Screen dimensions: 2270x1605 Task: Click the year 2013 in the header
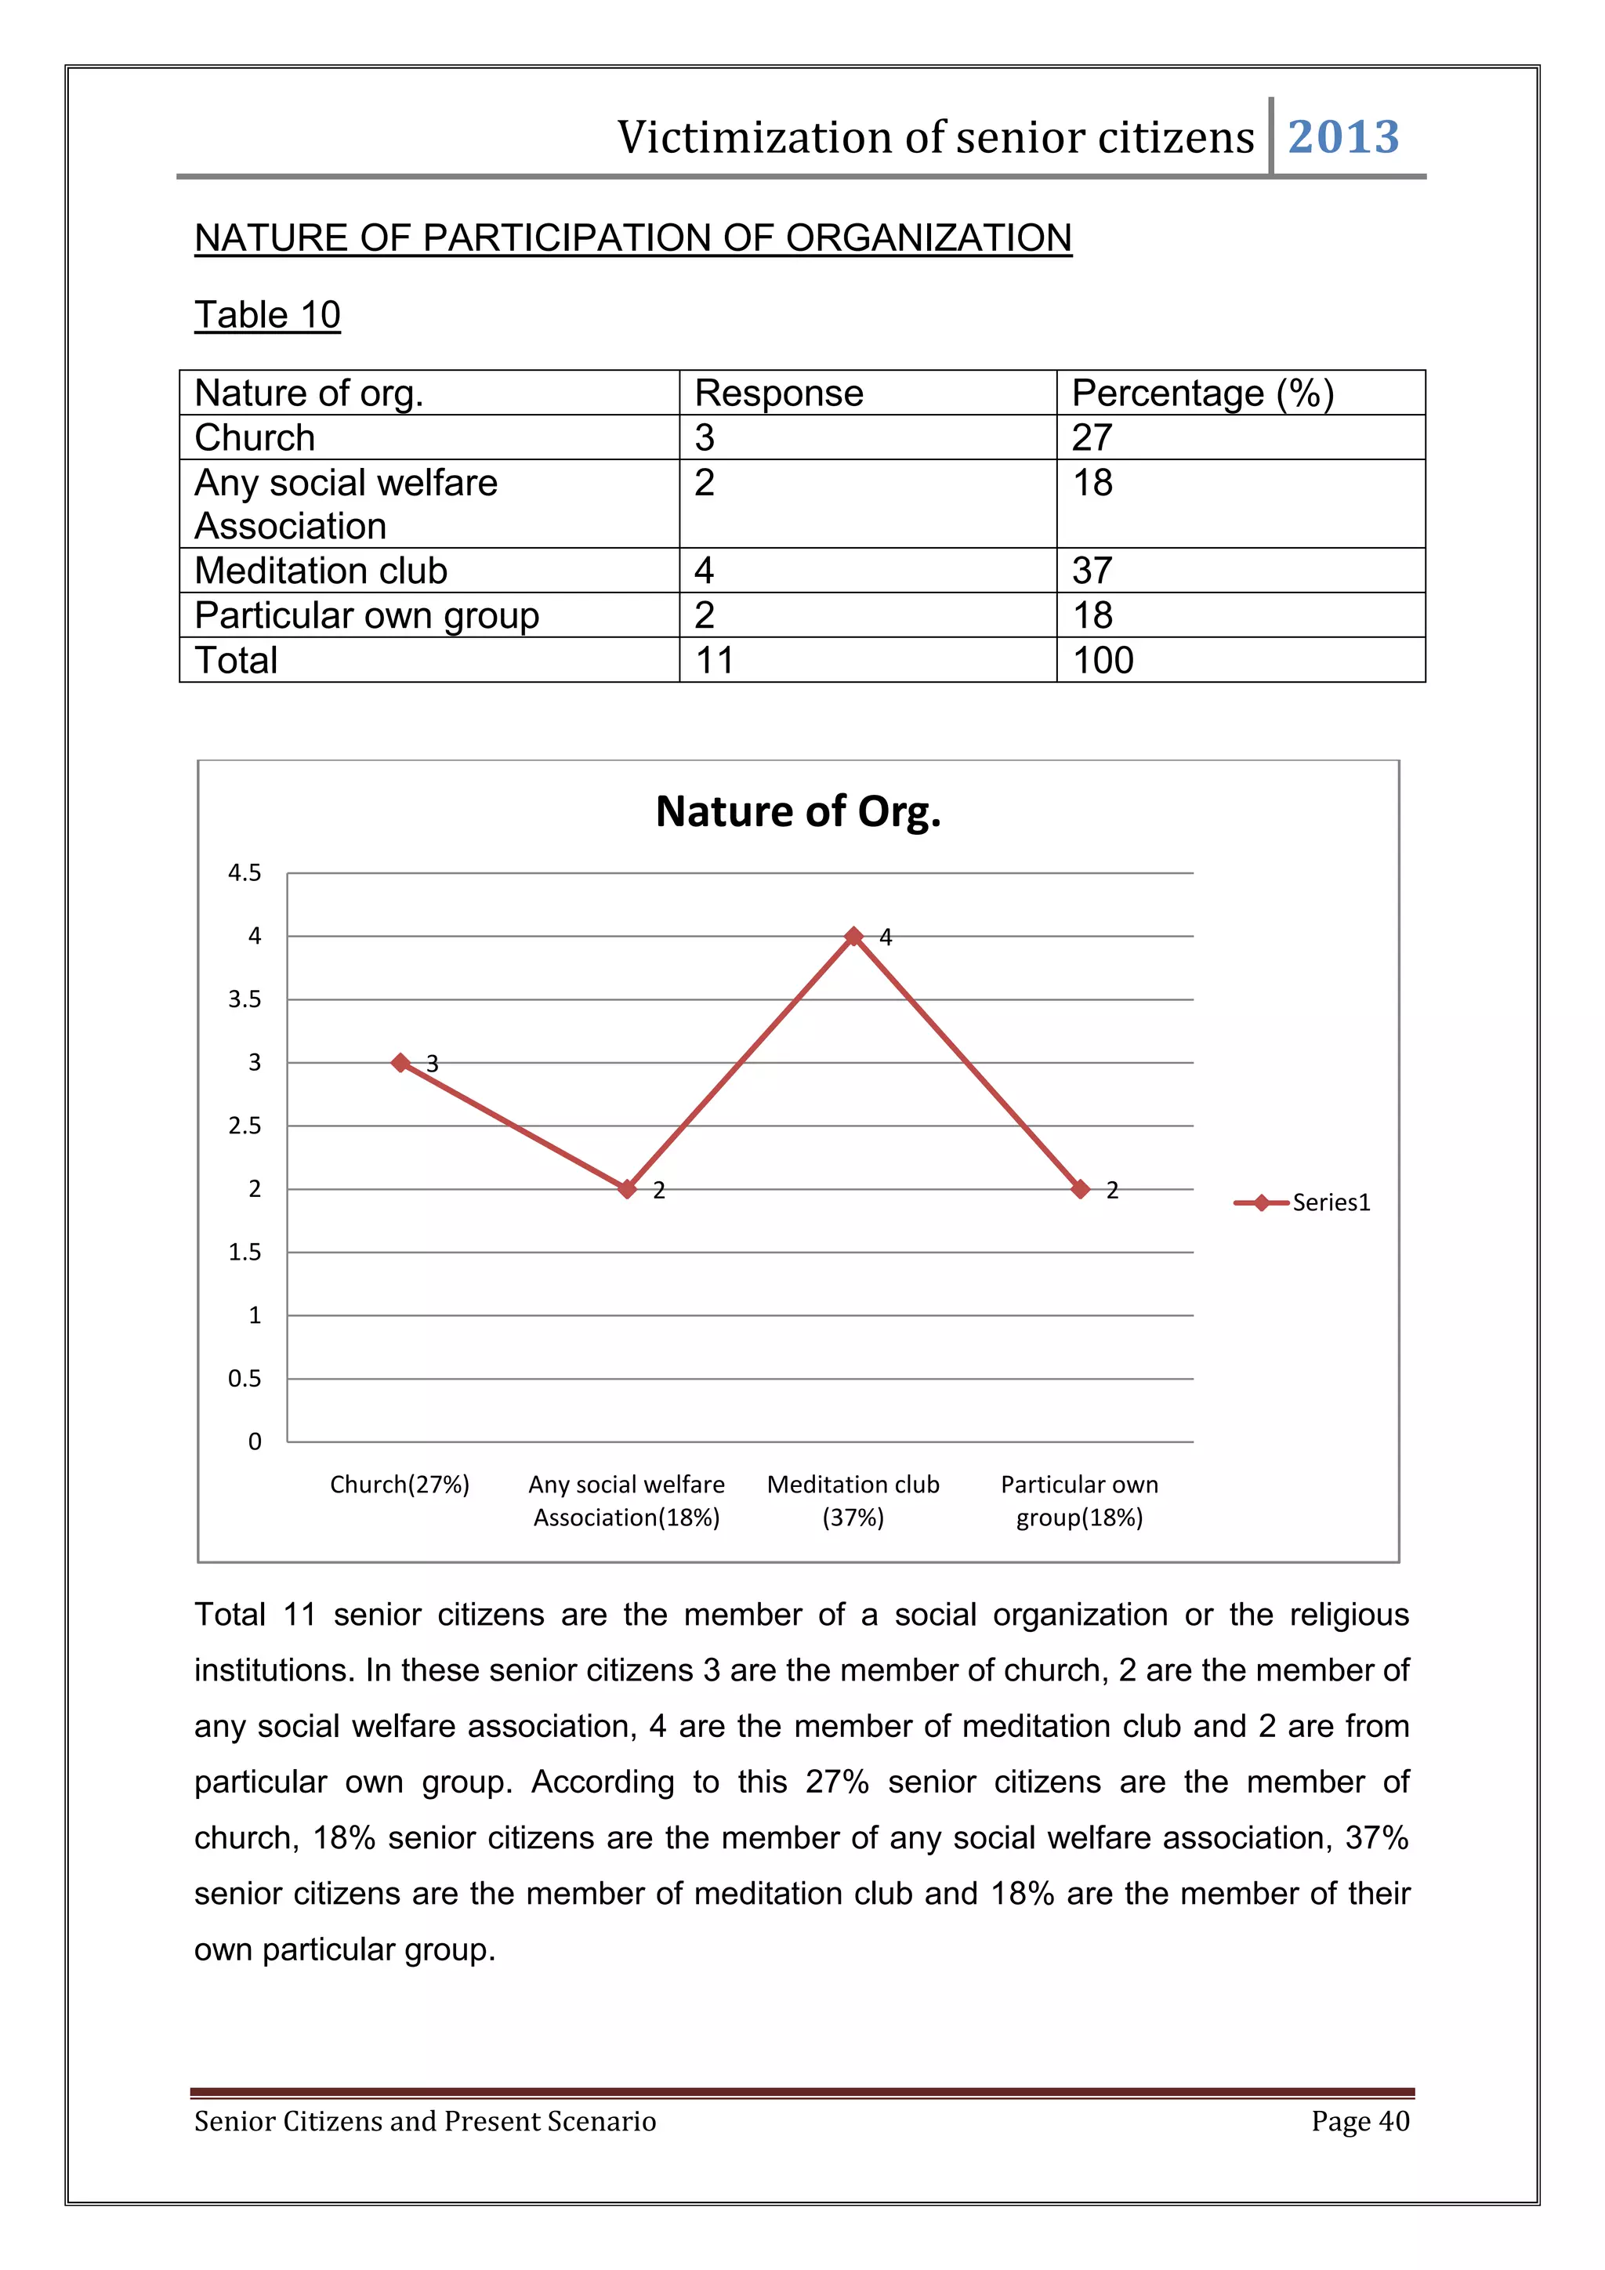point(1342,136)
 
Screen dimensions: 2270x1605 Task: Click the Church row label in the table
point(254,437)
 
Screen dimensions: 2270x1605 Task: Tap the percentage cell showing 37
point(1092,571)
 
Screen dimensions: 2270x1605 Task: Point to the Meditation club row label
point(321,571)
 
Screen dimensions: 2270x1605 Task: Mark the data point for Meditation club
point(854,936)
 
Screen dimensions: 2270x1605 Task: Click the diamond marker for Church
point(400,1062)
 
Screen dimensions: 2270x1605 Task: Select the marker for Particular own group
point(1080,1188)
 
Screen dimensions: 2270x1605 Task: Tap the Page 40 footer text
point(1359,2121)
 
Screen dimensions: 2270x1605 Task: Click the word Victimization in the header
point(754,136)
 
